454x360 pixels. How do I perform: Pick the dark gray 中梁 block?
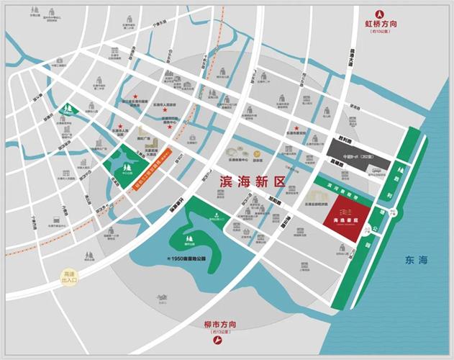click(357, 153)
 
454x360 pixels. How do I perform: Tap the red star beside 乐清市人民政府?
click(135, 96)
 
